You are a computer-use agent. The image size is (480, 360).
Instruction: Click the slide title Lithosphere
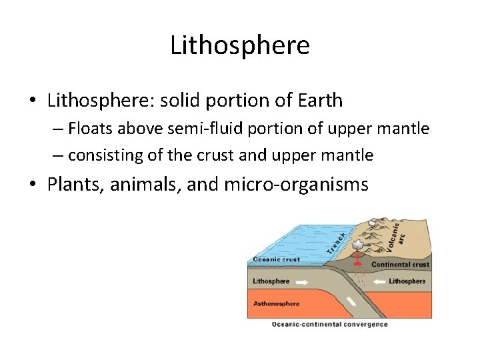[x=240, y=46]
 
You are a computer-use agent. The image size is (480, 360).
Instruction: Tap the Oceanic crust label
[x=276, y=260]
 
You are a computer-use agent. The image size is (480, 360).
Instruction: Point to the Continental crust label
[x=400, y=265]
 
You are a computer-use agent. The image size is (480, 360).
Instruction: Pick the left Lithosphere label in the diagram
[x=271, y=281]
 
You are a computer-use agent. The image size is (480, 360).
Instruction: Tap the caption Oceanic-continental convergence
[x=329, y=325]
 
